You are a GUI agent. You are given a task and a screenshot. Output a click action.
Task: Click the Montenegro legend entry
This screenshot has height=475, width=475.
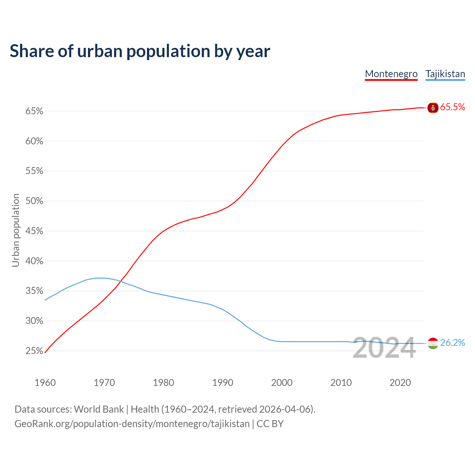click(x=391, y=74)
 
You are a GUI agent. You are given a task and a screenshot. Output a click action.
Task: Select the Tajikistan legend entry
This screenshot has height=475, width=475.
click(x=445, y=74)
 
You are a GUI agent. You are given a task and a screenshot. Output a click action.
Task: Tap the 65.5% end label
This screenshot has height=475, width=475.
click(x=452, y=107)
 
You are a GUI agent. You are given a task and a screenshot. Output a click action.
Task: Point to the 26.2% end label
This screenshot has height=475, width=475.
click(x=452, y=343)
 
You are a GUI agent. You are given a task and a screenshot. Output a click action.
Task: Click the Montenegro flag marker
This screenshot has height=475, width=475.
click(x=433, y=108)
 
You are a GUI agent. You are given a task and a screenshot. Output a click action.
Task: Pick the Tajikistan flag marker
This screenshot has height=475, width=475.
click(x=433, y=343)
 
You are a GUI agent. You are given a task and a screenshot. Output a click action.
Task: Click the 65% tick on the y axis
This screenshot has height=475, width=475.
click(x=35, y=111)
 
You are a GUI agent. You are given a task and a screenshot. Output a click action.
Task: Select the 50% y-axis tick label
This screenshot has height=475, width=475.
click(x=35, y=201)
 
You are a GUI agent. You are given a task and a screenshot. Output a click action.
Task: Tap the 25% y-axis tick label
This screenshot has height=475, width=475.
click(x=35, y=351)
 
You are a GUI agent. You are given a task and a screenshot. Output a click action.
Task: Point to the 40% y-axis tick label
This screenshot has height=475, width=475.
click(x=35, y=261)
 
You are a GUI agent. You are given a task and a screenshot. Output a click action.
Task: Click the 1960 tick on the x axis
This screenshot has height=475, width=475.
click(x=45, y=383)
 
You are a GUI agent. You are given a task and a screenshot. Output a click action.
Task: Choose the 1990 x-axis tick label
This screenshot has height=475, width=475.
click(x=223, y=383)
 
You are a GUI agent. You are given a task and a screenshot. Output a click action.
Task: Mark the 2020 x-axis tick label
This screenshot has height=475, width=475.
click(x=400, y=383)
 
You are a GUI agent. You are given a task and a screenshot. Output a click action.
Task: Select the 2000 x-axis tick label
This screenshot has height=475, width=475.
click(x=282, y=383)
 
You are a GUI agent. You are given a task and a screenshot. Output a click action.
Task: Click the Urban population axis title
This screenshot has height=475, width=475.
click(x=16, y=230)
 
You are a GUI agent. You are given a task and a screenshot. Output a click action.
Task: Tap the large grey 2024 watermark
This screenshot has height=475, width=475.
click(x=384, y=348)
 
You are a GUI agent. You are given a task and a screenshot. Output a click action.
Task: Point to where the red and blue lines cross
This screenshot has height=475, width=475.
click(x=121, y=281)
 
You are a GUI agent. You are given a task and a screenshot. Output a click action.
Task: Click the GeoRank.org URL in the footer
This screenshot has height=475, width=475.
click(x=132, y=424)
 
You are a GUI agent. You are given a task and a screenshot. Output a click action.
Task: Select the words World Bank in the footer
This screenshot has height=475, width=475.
click(x=99, y=409)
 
